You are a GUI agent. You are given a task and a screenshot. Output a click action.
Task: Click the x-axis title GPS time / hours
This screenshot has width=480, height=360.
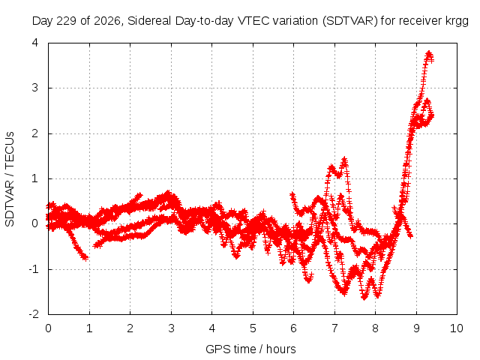pos(250,349)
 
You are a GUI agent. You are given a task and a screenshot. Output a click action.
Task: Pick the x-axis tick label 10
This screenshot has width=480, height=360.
pos(457,328)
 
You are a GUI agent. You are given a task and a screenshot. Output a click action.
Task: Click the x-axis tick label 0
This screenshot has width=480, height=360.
pos(48,328)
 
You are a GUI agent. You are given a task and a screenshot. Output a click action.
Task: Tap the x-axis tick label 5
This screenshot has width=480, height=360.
pos(253,328)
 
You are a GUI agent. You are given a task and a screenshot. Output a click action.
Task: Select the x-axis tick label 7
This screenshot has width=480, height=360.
pos(334,328)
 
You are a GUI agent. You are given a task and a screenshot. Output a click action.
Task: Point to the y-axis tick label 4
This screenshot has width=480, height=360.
pos(35,43)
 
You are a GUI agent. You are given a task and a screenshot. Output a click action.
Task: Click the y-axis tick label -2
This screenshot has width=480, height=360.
pos(34,314)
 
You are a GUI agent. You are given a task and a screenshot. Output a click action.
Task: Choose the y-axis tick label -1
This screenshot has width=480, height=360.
pos(34,269)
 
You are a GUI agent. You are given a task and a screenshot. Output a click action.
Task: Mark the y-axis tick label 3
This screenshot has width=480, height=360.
pos(35,88)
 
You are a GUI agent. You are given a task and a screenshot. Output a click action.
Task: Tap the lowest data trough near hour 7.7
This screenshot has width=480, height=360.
pos(364,298)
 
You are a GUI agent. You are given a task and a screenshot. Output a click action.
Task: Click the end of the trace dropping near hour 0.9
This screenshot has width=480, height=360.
pos(85,258)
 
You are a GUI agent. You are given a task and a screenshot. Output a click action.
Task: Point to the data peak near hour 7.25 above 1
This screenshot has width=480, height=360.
pos(345,159)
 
